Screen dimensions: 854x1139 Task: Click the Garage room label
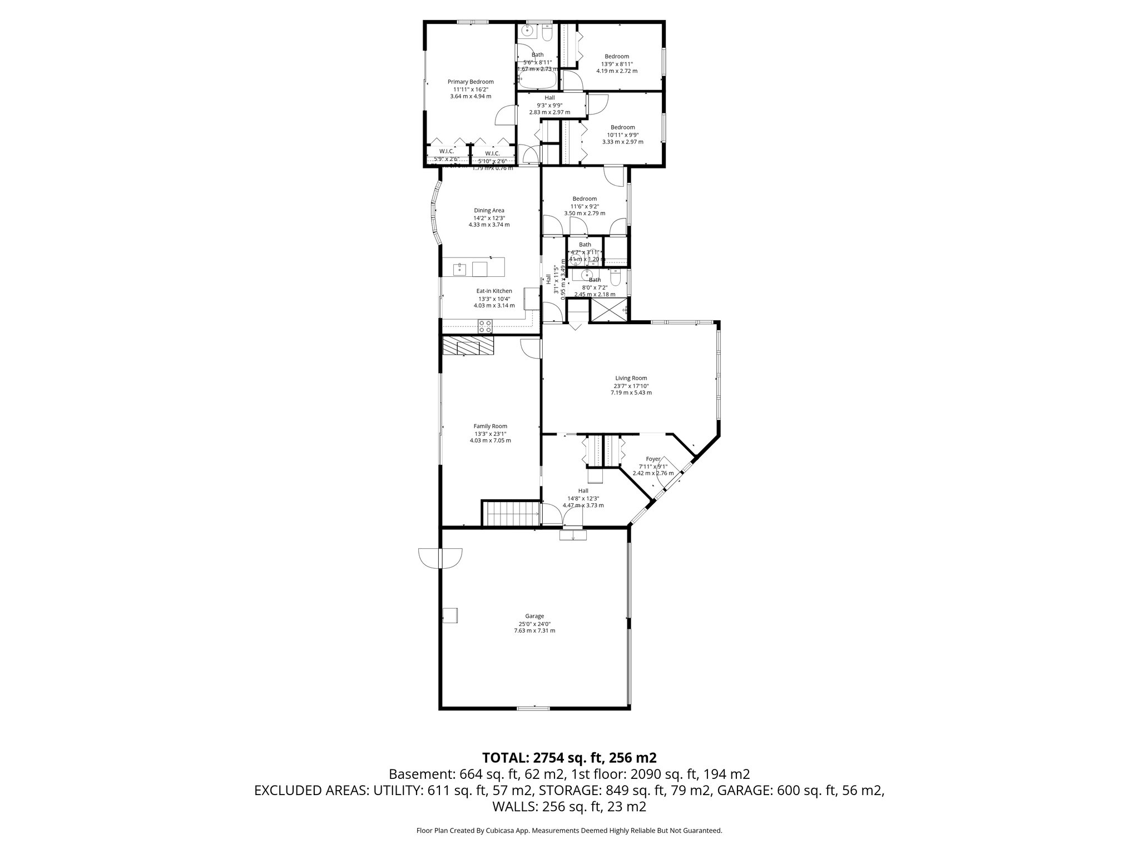pyautogui.click(x=534, y=616)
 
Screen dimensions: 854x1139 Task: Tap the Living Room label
pyautogui.click(x=631, y=378)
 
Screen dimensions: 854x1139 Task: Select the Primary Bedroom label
pyautogui.click(x=471, y=82)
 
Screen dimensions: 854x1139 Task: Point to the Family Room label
pyautogui.click(x=490, y=426)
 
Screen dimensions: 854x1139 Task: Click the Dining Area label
pyautogui.click(x=489, y=210)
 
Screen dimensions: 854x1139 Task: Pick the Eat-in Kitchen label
pyautogui.click(x=494, y=291)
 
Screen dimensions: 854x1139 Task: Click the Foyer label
pyautogui.click(x=653, y=459)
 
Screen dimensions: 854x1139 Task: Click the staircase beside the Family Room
pyautogui.click(x=511, y=513)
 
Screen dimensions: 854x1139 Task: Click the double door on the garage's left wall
pyautogui.click(x=440, y=558)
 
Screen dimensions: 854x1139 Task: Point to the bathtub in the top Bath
pyautogui.click(x=537, y=82)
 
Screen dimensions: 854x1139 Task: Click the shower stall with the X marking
pyautogui.click(x=609, y=311)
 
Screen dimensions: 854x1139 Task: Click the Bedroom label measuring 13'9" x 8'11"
pyautogui.click(x=617, y=56)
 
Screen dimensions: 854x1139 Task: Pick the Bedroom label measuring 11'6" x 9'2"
pyautogui.click(x=585, y=198)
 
